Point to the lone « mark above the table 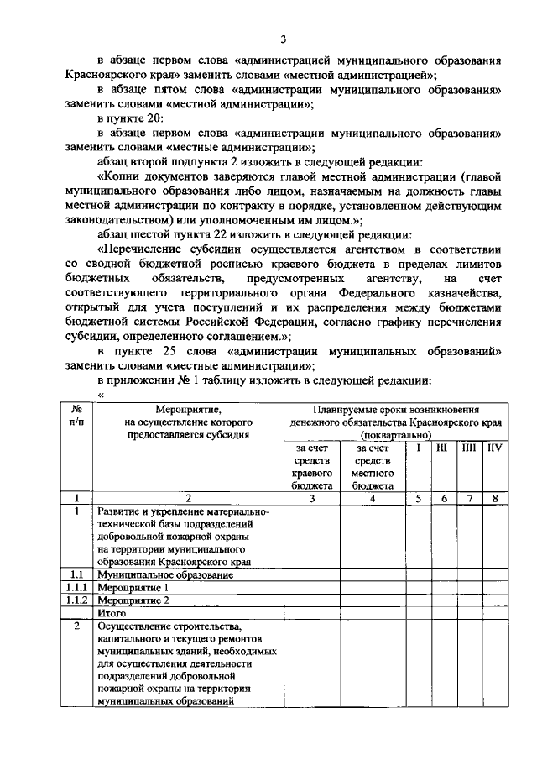click(100, 395)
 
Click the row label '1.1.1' click(76, 588)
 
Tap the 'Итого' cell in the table click(112, 613)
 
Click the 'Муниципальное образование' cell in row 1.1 click(164, 575)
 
